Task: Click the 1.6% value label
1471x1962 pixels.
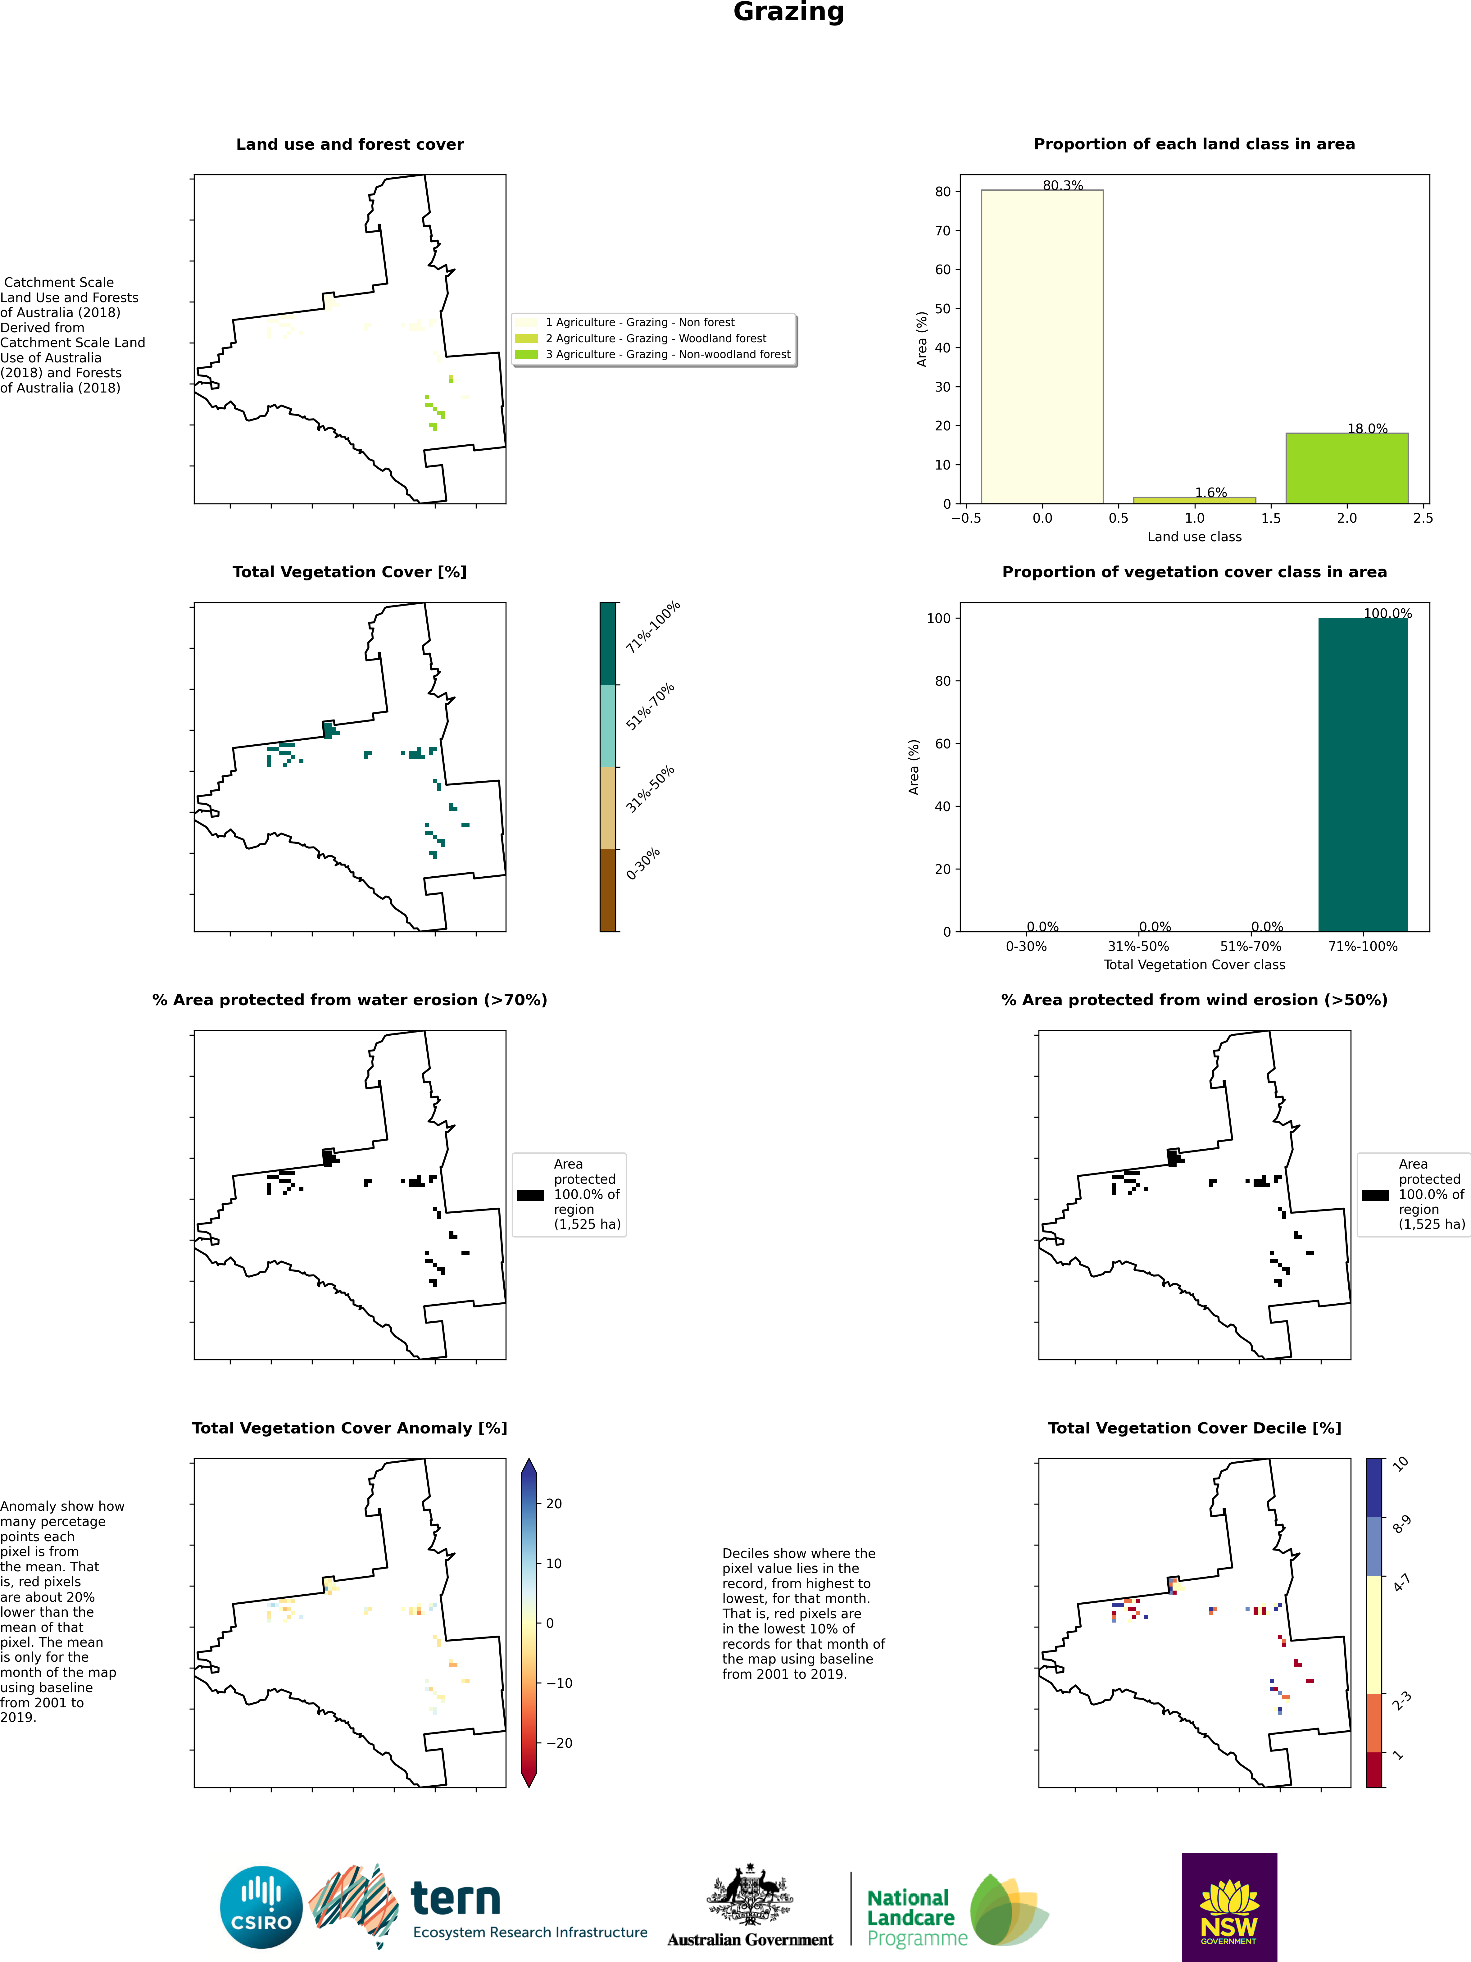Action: [1210, 492]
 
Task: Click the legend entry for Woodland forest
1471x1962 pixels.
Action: [656, 338]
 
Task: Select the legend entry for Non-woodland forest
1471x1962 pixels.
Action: [667, 354]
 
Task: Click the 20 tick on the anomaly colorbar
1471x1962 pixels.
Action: [554, 1503]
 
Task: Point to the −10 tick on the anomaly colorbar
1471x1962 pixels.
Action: [557, 1683]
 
